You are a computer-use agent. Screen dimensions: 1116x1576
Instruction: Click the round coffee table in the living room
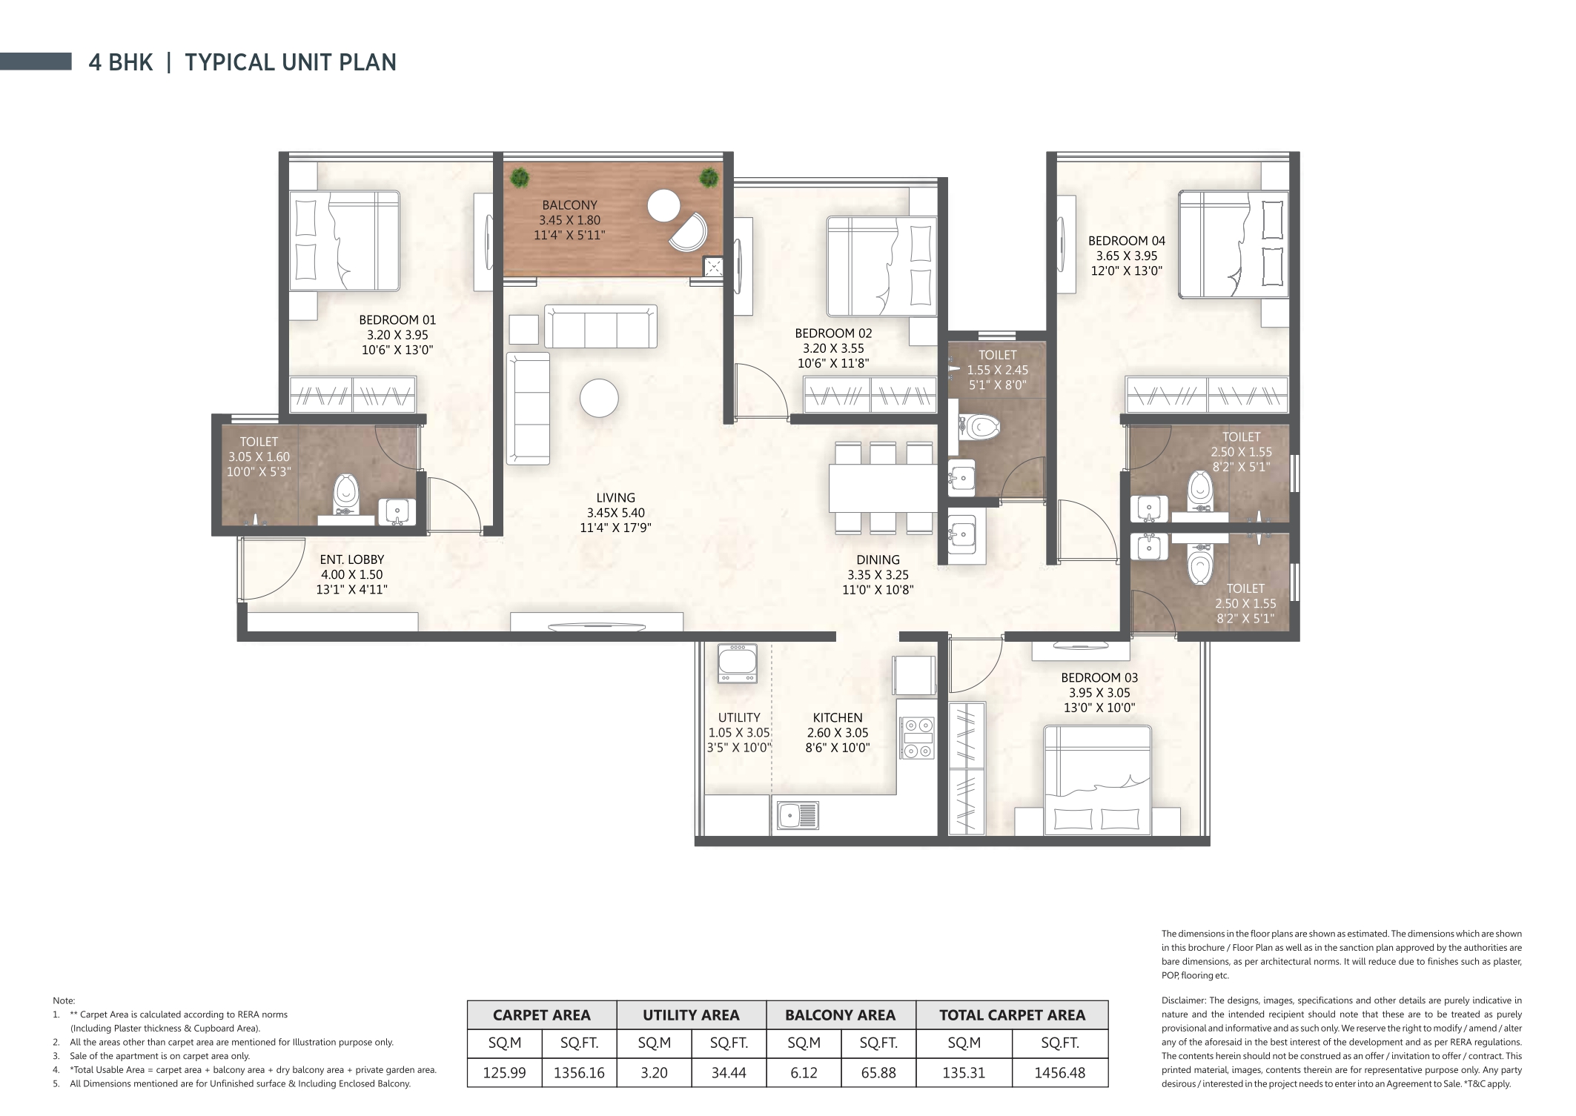pyautogui.click(x=599, y=399)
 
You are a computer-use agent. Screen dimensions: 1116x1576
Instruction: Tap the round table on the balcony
pyautogui.click(x=663, y=205)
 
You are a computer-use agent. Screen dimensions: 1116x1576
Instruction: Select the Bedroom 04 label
pyautogui.click(x=1126, y=241)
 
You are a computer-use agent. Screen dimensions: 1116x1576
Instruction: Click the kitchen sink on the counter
pyautogui.click(x=798, y=815)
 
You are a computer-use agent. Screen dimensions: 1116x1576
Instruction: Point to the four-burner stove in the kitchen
pyautogui.click(x=917, y=738)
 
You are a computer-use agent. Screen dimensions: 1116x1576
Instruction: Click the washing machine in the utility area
pyautogui.click(x=737, y=662)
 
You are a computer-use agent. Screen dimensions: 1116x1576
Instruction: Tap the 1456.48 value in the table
pyautogui.click(x=1059, y=1072)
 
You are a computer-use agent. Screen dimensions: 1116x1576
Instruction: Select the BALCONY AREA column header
pyautogui.click(x=840, y=1015)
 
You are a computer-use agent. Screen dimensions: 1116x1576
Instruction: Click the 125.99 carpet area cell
pyautogui.click(x=504, y=1072)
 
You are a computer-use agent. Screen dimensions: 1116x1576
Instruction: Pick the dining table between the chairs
pyautogui.click(x=883, y=487)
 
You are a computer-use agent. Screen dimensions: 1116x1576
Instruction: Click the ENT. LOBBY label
pyautogui.click(x=352, y=559)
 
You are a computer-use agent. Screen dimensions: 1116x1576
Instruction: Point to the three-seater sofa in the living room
pyautogui.click(x=600, y=326)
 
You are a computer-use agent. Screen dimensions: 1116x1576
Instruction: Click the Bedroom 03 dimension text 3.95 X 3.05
pyautogui.click(x=1099, y=693)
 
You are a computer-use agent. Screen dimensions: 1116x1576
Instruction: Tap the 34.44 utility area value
pyautogui.click(x=728, y=1072)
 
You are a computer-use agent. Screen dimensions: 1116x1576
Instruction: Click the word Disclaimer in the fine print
pyautogui.click(x=1184, y=1000)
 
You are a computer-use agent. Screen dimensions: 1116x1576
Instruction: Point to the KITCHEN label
pyautogui.click(x=837, y=717)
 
